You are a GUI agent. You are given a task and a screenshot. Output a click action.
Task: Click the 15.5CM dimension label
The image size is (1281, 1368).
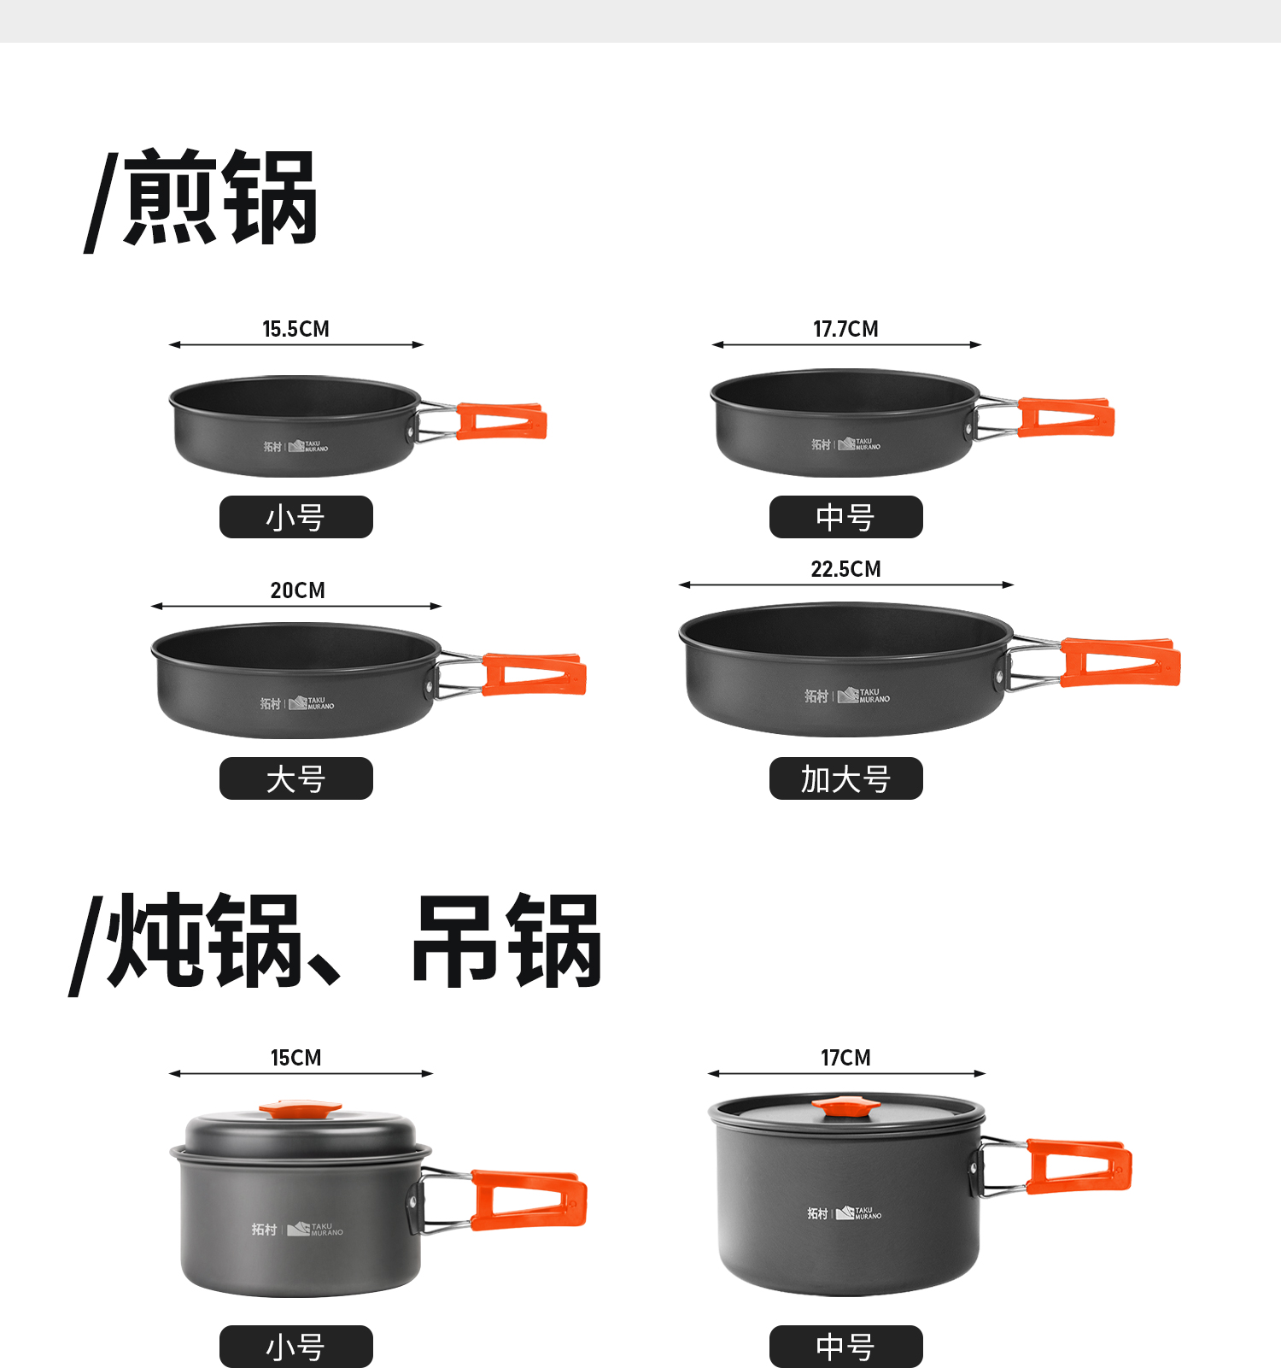point(295,329)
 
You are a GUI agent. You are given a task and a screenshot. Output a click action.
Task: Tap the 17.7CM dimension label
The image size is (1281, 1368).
point(845,329)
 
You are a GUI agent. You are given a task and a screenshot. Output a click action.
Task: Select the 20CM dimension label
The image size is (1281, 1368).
point(297,590)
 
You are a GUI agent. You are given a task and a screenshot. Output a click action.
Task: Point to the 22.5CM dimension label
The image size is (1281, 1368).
point(845,569)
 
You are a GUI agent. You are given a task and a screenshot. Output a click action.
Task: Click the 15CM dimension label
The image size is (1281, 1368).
point(296,1058)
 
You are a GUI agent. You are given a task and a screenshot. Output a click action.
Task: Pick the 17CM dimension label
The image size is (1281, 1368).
point(845,1058)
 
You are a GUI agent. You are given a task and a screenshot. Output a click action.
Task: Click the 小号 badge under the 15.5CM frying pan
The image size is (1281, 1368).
point(296,517)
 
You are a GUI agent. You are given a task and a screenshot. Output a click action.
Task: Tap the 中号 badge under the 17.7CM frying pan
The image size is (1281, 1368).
point(846,517)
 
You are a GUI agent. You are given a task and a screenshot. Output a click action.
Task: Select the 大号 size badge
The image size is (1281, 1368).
point(296,778)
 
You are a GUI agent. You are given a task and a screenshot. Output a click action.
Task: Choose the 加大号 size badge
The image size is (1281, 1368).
point(846,778)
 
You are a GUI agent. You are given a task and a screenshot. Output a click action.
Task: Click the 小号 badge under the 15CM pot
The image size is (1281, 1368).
point(296,1347)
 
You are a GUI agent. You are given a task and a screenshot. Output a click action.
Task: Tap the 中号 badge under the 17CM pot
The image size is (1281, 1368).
point(846,1347)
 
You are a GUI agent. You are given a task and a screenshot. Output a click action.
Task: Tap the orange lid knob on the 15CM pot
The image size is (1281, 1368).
point(300,1109)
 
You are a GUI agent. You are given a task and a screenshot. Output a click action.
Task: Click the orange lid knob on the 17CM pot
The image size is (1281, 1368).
point(845,1107)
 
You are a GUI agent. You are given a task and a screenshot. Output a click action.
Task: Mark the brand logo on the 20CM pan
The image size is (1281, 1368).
point(297,703)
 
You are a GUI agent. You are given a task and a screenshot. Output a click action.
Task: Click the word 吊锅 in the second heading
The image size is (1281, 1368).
point(507,942)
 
